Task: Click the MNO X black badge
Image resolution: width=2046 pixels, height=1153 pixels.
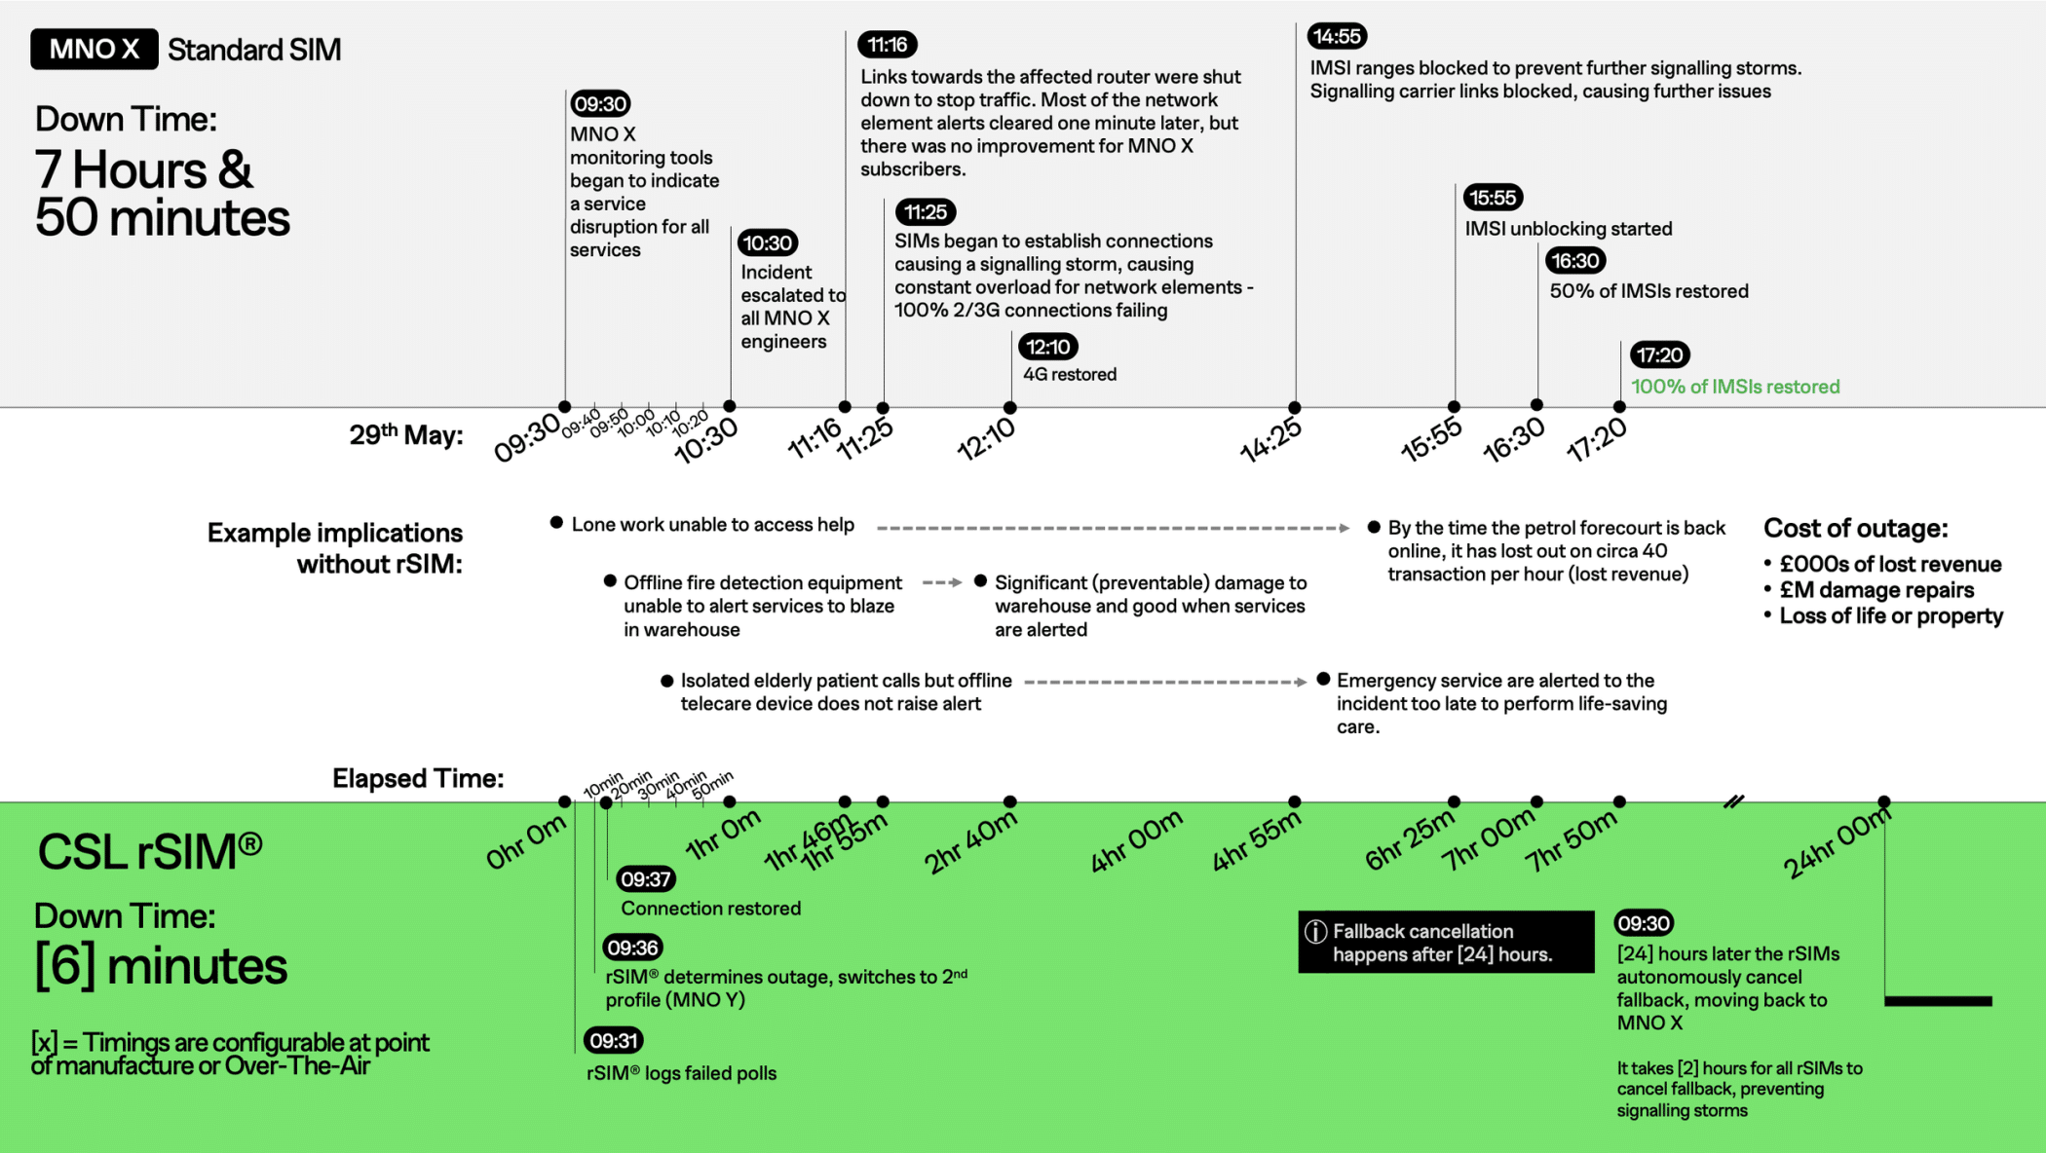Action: (95, 49)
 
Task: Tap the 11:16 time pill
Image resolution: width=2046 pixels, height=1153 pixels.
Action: (887, 45)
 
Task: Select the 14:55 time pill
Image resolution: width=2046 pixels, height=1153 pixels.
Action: (1337, 36)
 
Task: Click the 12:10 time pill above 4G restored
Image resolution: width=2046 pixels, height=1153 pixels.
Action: (1047, 347)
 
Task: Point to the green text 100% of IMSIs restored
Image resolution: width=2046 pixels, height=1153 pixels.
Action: (1735, 387)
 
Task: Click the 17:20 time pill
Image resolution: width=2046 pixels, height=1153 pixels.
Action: (1660, 355)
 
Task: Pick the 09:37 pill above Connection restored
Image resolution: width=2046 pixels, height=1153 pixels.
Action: (646, 879)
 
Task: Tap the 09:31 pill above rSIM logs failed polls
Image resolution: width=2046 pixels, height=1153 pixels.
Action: (613, 1041)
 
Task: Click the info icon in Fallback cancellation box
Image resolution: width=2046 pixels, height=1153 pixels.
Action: (1315, 932)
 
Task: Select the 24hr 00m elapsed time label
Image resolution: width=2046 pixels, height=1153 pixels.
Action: (1837, 843)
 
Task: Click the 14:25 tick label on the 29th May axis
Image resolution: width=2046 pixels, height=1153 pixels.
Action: (1270, 440)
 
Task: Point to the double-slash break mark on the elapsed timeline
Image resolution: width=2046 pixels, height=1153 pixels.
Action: (1734, 802)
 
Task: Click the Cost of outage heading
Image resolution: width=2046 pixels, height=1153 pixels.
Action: (1855, 529)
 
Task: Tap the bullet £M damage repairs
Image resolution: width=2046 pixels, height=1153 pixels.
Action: (1876, 590)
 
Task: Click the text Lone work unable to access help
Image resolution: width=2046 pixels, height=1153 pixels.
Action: (712, 525)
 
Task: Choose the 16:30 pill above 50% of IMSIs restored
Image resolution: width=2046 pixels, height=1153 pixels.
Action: (1575, 261)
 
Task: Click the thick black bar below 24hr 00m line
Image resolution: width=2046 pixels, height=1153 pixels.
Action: (1938, 1001)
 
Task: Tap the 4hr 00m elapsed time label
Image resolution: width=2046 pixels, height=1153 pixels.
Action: (1136, 841)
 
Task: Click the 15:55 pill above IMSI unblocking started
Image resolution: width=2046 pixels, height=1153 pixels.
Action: (1493, 198)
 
